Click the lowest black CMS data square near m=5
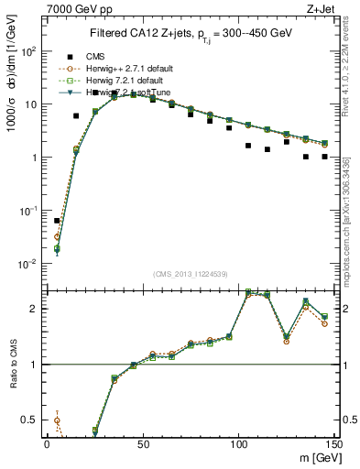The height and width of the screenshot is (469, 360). tap(57, 221)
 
